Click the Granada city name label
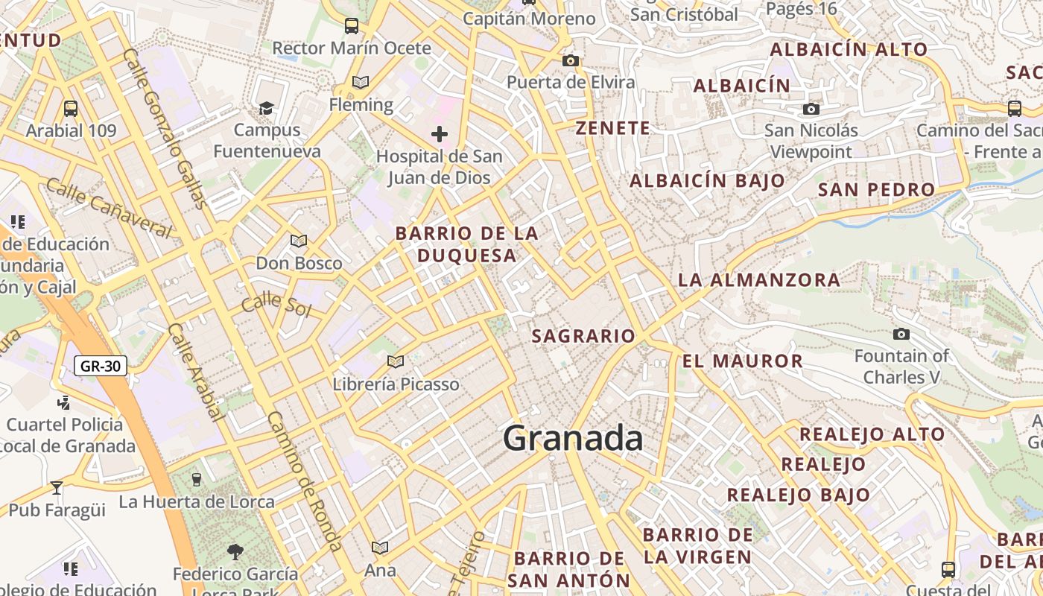click(573, 438)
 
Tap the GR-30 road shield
click(101, 366)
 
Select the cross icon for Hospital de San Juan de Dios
click(440, 134)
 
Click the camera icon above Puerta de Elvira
click(571, 60)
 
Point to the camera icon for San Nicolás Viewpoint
click(811, 110)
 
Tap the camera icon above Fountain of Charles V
click(901, 334)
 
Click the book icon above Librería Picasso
click(396, 361)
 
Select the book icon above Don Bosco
click(299, 241)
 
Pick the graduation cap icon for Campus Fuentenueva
click(266, 109)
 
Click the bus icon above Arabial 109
click(71, 108)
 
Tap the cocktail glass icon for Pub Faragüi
click(57, 488)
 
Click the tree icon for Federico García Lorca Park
click(235, 552)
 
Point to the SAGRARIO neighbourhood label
click(583, 336)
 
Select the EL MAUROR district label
click(742, 361)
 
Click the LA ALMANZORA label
click(759, 280)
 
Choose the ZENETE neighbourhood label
click(613, 128)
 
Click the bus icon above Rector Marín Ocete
click(352, 26)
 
